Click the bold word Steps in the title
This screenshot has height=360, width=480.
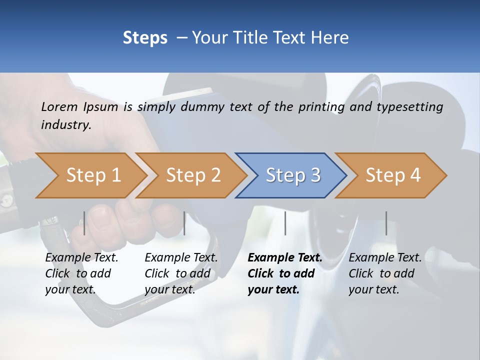pos(145,38)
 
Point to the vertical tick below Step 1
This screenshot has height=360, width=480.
pos(84,223)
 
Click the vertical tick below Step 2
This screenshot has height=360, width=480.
pos(184,223)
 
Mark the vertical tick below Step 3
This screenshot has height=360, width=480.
pos(285,223)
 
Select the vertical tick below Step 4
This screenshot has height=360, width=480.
pos(386,223)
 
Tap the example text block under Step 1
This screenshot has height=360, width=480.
pos(82,273)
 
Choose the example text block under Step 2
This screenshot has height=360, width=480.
pos(181,273)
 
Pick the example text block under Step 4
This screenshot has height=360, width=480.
pos(385,273)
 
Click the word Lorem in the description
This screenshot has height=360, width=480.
pos(59,106)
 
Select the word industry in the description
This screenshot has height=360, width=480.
pos(65,125)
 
